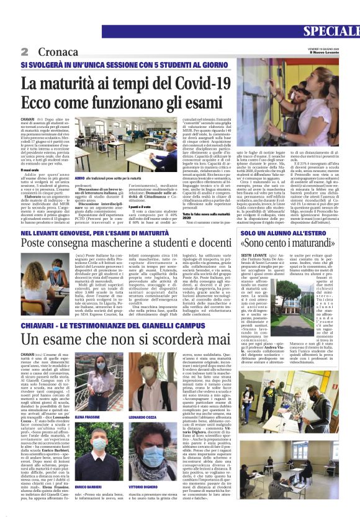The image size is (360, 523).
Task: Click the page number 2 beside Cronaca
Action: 25,51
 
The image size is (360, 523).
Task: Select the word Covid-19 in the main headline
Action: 203,81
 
